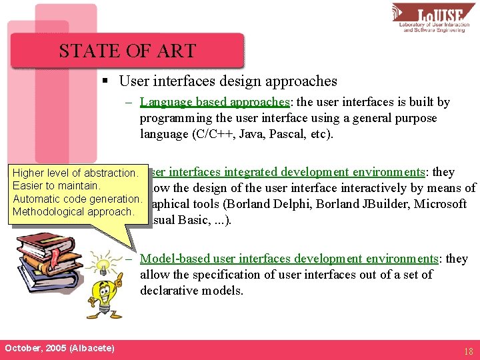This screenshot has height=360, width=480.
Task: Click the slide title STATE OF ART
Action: (x=127, y=51)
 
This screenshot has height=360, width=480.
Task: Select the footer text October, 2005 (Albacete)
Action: (x=59, y=349)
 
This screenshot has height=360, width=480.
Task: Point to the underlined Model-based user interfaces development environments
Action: (x=289, y=259)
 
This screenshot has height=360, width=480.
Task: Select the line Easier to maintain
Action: (x=57, y=186)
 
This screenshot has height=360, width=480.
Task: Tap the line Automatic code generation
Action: (x=77, y=199)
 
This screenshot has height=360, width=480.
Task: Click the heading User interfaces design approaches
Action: (x=228, y=81)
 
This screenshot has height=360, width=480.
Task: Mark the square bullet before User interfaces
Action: (x=105, y=81)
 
